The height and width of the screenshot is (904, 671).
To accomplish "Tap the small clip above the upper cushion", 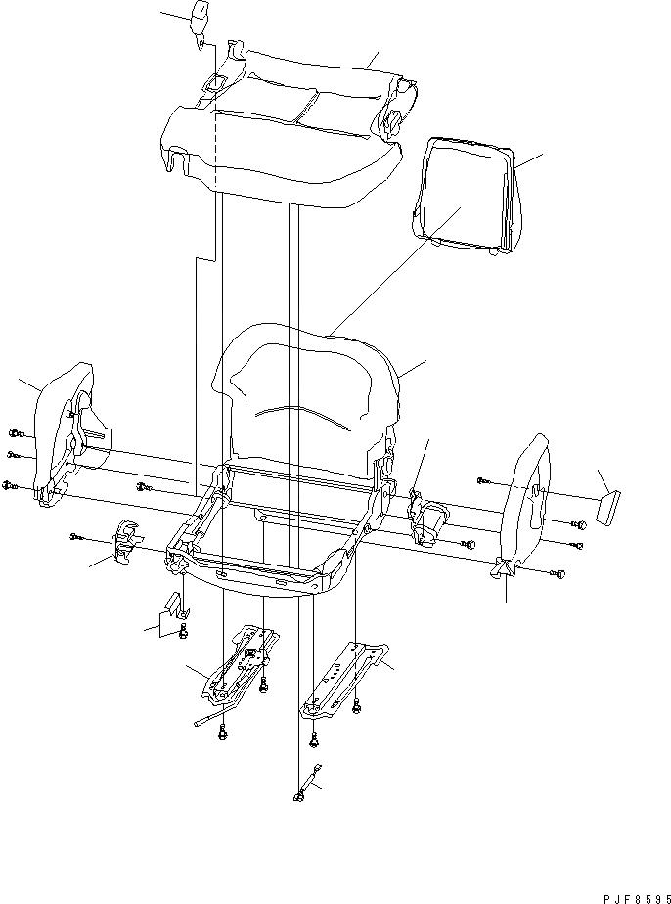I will [201, 21].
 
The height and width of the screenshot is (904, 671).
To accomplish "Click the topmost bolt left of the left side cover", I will [16, 432].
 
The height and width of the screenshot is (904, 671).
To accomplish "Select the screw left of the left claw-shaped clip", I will [77, 536].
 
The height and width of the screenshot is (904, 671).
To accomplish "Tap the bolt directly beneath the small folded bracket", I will [183, 637].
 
